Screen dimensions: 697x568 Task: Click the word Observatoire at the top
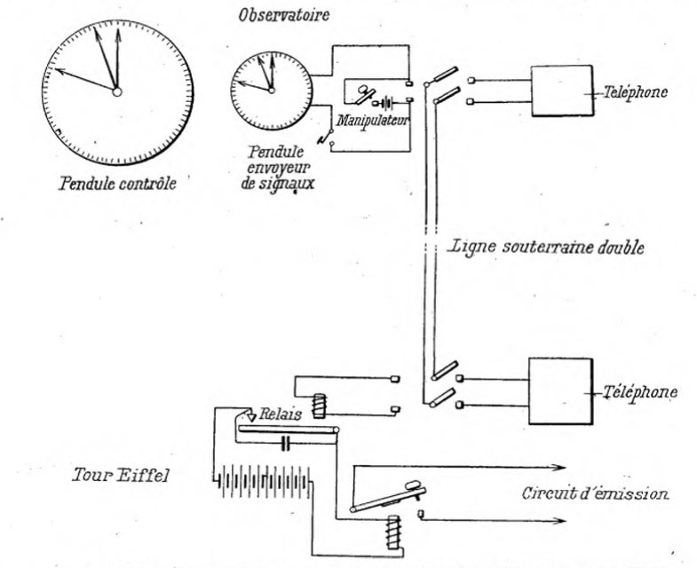click(x=284, y=15)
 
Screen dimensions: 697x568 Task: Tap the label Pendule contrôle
click(x=117, y=183)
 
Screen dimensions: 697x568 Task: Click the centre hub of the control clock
click(x=117, y=92)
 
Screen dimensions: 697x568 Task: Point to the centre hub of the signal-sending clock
click(x=272, y=91)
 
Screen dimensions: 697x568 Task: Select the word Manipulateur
click(x=373, y=121)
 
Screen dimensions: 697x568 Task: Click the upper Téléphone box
click(x=562, y=91)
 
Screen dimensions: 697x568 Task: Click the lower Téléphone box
click(x=560, y=391)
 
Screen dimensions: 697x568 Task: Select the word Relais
click(x=281, y=414)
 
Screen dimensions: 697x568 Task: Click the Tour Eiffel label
click(x=121, y=476)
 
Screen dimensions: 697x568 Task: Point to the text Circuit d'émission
click(x=595, y=493)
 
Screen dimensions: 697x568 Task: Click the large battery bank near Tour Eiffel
click(x=264, y=482)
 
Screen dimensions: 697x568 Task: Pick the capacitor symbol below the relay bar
click(x=286, y=443)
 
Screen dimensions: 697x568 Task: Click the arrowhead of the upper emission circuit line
click(x=559, y=467)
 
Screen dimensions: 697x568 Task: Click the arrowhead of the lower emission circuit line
click(x=559, y=521)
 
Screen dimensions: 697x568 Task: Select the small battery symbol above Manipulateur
click(x=385, y=104)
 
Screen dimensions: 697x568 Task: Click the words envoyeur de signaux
click(x=278, y=176)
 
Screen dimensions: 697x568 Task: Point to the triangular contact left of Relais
click(x=251, y=417)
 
